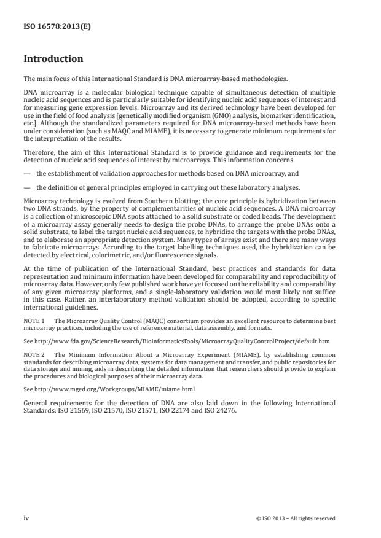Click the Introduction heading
point(53,59)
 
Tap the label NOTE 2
point(35,355)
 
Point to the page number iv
point(26,518)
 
